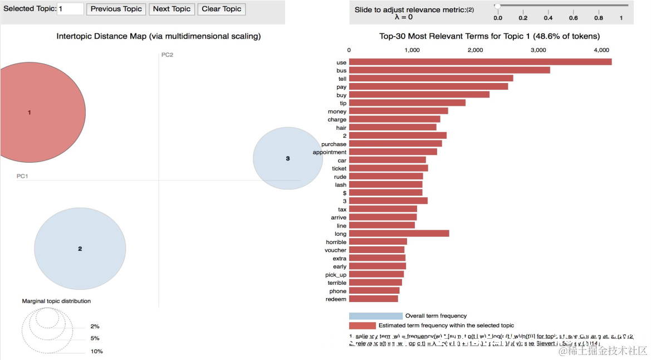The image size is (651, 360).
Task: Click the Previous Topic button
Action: click(x=116, y=9)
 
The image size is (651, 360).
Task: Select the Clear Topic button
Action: click(x=221, y=9)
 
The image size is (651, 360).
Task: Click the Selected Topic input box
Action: click(x=70, y=9)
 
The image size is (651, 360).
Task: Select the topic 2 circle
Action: click(x=80, y=249)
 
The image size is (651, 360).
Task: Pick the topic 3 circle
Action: click(x=287, y=158)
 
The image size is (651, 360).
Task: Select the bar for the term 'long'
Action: click(x=399, y=233)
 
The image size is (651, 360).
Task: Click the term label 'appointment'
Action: click(x=330, y=152)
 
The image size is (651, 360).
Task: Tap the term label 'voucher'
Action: click(x=335, y=250)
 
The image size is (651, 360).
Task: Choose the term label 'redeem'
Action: click(x=336, y=299)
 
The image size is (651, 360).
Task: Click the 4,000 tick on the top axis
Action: click(x=601, y=50)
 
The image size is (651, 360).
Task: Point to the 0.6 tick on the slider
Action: click(x=573, y=18)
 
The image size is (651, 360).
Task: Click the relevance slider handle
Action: click(x=497, y=6)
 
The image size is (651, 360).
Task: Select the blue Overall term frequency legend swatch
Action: click(x=375, y=316)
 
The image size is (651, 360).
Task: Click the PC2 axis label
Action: click(x=167, y=55)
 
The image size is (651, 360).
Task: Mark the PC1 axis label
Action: click(x=22, y=176)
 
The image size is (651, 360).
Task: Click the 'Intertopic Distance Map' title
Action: click(x=159, y=36)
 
